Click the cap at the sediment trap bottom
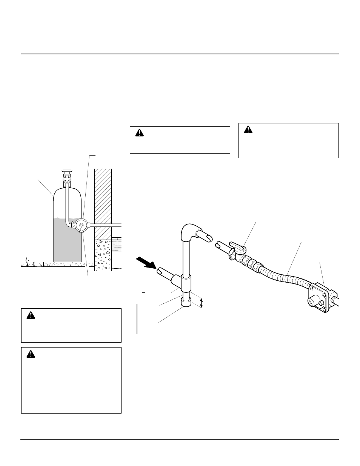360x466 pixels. coord(186,303)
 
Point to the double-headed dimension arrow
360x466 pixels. coord(201,303)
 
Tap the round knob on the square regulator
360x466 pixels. coord(320,303)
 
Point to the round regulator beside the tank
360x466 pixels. coord(81,225)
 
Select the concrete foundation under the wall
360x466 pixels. coord(103,255)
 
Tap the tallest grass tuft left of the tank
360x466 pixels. coord(28,261)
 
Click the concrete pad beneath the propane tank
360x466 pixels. coord(68,264)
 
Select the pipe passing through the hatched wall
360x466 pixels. coord(106,225)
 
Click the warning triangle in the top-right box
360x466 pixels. coord(248,129)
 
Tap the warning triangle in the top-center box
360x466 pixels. coord(139,133)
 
